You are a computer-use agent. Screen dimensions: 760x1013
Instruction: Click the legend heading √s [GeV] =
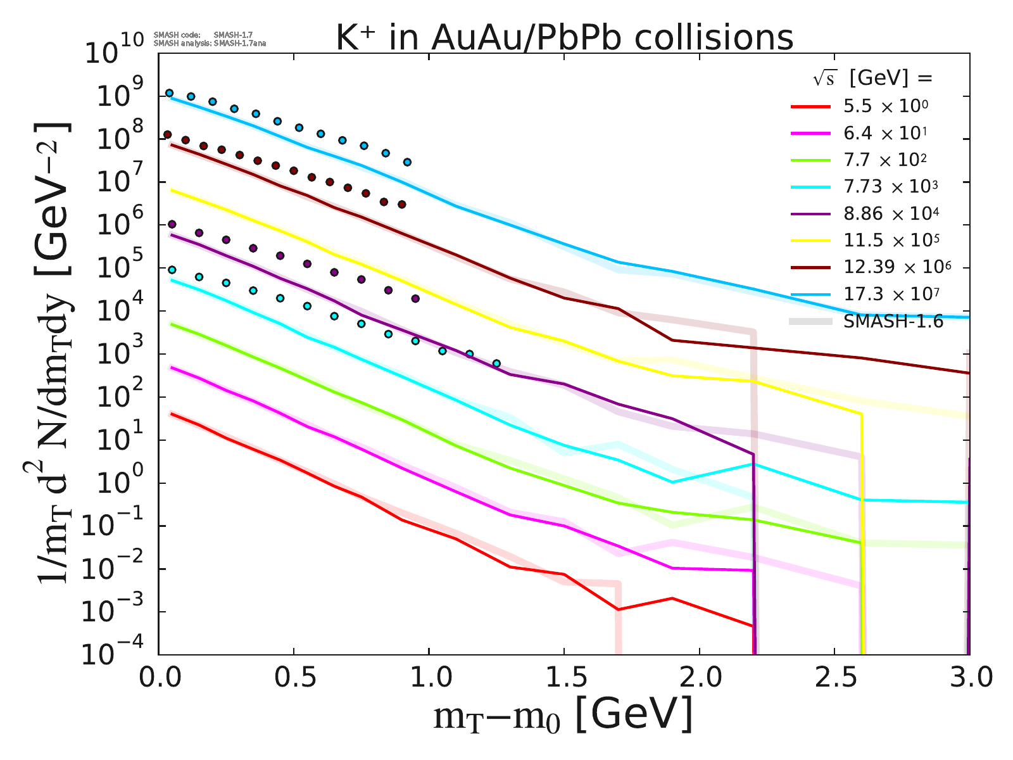pos(873,79)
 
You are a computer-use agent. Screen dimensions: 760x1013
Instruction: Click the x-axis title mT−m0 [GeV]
pos(563,716)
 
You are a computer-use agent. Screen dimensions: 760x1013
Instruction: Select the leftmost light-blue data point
pos(169,93)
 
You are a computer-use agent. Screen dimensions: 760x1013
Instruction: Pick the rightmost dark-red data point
pos(401,205)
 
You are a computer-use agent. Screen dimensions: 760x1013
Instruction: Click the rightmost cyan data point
pos(496,364)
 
